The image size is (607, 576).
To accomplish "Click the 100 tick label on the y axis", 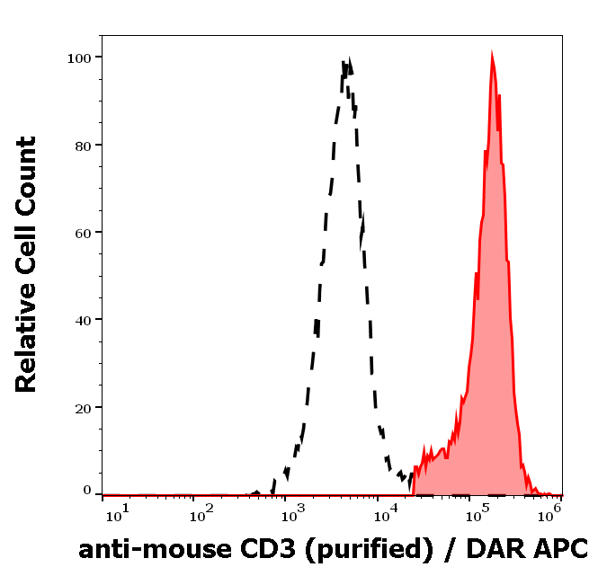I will [79, 58].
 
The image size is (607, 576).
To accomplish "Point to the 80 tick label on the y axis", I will [83, 145].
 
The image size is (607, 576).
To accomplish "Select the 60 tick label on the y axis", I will [83, 233].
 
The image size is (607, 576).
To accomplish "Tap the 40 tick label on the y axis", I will [83, 320].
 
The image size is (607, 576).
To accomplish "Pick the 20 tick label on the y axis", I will [83, 407].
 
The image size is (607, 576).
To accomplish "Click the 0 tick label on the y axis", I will [87, 491].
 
